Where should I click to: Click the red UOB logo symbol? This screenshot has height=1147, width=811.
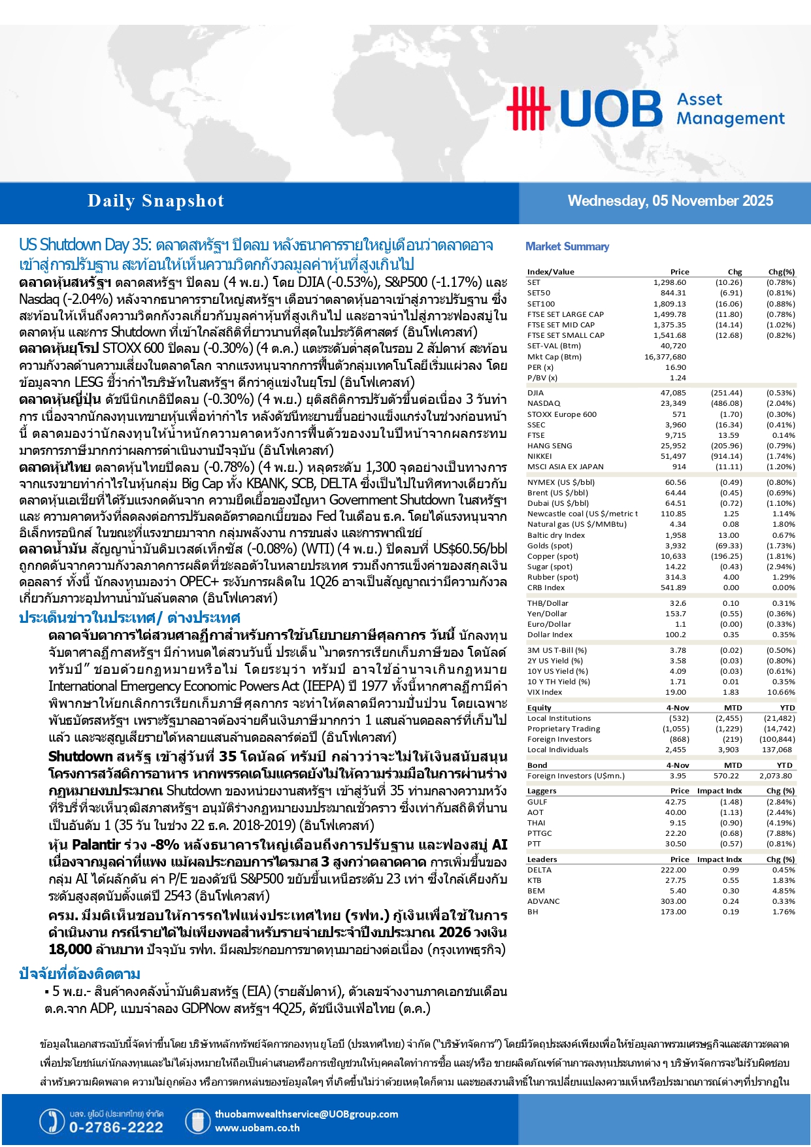pos(528,108)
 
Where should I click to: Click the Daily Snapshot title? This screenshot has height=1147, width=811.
pos(156,201)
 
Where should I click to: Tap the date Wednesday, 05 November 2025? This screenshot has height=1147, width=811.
pos(670,201)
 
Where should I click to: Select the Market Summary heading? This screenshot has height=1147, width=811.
pos(567,246)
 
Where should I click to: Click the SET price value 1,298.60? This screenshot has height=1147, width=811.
pos(669,283)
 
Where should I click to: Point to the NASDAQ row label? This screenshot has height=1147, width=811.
pos(544,404)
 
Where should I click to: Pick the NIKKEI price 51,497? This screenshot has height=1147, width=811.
pos(673,456)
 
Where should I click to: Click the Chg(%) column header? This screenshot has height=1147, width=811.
pos(781,272)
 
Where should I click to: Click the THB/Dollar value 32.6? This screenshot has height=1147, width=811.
pos(678,603)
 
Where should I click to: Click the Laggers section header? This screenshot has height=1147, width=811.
pos(542,791)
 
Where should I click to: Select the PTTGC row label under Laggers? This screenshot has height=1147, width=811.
pos(540,833)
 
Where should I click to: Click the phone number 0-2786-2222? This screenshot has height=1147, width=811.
pos(116,1127)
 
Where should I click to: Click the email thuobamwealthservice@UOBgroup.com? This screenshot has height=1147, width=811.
pos(306,1114)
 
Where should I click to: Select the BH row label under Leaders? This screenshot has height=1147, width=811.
pos(533,912)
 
